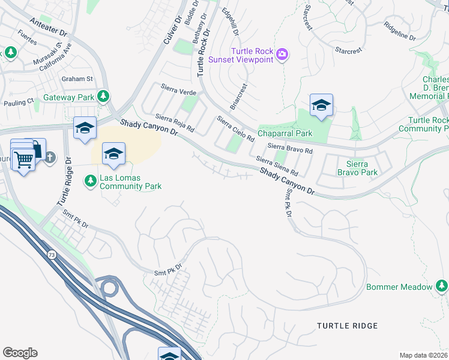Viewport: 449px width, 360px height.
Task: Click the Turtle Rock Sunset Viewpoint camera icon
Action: (282, 55)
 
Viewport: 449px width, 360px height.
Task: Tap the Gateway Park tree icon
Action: (103, 96)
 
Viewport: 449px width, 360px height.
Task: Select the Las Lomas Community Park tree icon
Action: (90, 180)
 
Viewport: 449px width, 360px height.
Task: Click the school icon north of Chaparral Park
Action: (321, 106)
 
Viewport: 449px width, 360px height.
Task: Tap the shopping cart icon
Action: (23, 160)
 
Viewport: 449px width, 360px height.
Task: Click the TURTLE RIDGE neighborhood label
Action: (348, 326)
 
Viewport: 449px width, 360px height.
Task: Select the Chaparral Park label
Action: (285, 133)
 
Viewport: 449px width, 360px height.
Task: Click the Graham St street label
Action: (77, 79)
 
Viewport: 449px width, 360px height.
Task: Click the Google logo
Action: (20, 353)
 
